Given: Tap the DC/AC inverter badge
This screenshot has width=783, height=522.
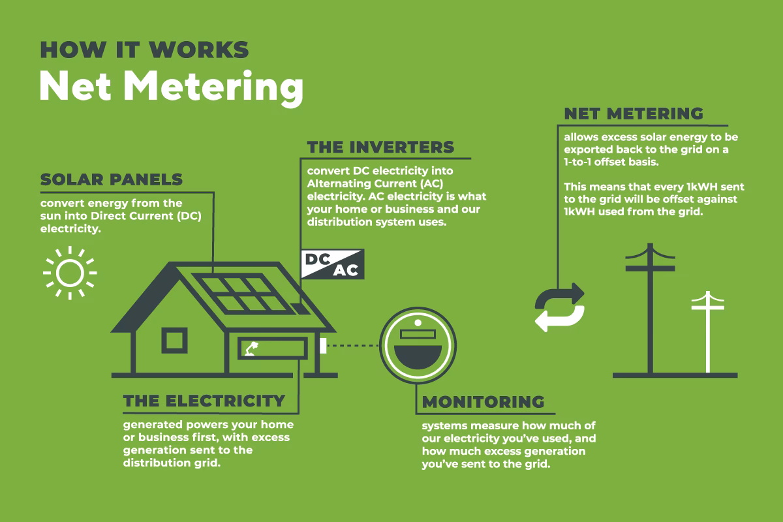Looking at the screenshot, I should click(332, 264).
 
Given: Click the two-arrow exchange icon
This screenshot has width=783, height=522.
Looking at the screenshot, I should click(559, 307).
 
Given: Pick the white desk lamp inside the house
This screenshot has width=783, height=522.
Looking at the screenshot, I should click(251, 348).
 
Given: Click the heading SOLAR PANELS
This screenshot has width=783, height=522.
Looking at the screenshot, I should click(112, 179).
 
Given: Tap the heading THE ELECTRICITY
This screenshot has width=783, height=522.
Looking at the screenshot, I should click(204, 400).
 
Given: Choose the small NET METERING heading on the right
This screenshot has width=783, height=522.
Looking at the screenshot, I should click(634, 114).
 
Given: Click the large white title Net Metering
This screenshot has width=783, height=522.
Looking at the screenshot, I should click(171, 87).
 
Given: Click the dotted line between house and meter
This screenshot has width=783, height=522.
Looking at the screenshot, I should click(353, 345).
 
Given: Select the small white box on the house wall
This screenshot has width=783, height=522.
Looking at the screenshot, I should click(322, 345).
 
